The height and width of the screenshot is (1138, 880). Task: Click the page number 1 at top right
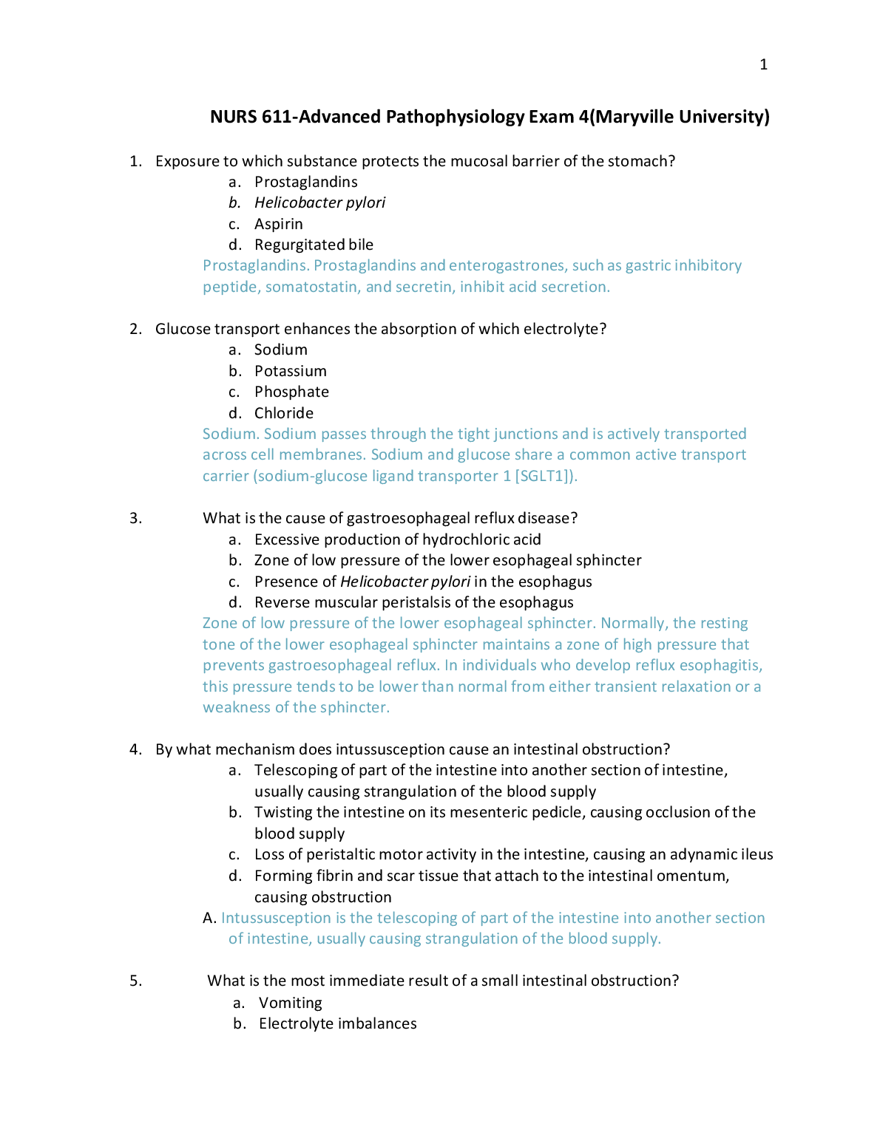763,65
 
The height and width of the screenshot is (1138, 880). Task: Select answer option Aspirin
278,224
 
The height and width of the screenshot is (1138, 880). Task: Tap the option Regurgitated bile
314,245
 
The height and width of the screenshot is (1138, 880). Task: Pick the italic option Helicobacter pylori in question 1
319,202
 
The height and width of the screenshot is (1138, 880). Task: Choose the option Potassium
290,371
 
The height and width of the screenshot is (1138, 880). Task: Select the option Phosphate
291,392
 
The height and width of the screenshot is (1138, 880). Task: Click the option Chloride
283,413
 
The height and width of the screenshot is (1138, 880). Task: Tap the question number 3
135,518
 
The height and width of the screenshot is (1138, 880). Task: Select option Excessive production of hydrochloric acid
397,539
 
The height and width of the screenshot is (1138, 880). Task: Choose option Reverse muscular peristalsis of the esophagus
413,602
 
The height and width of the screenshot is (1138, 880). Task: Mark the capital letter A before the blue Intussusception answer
209,918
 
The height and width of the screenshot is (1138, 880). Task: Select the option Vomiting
290,1003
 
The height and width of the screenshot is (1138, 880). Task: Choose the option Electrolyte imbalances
337,1023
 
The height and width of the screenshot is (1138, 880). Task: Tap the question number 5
135,981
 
